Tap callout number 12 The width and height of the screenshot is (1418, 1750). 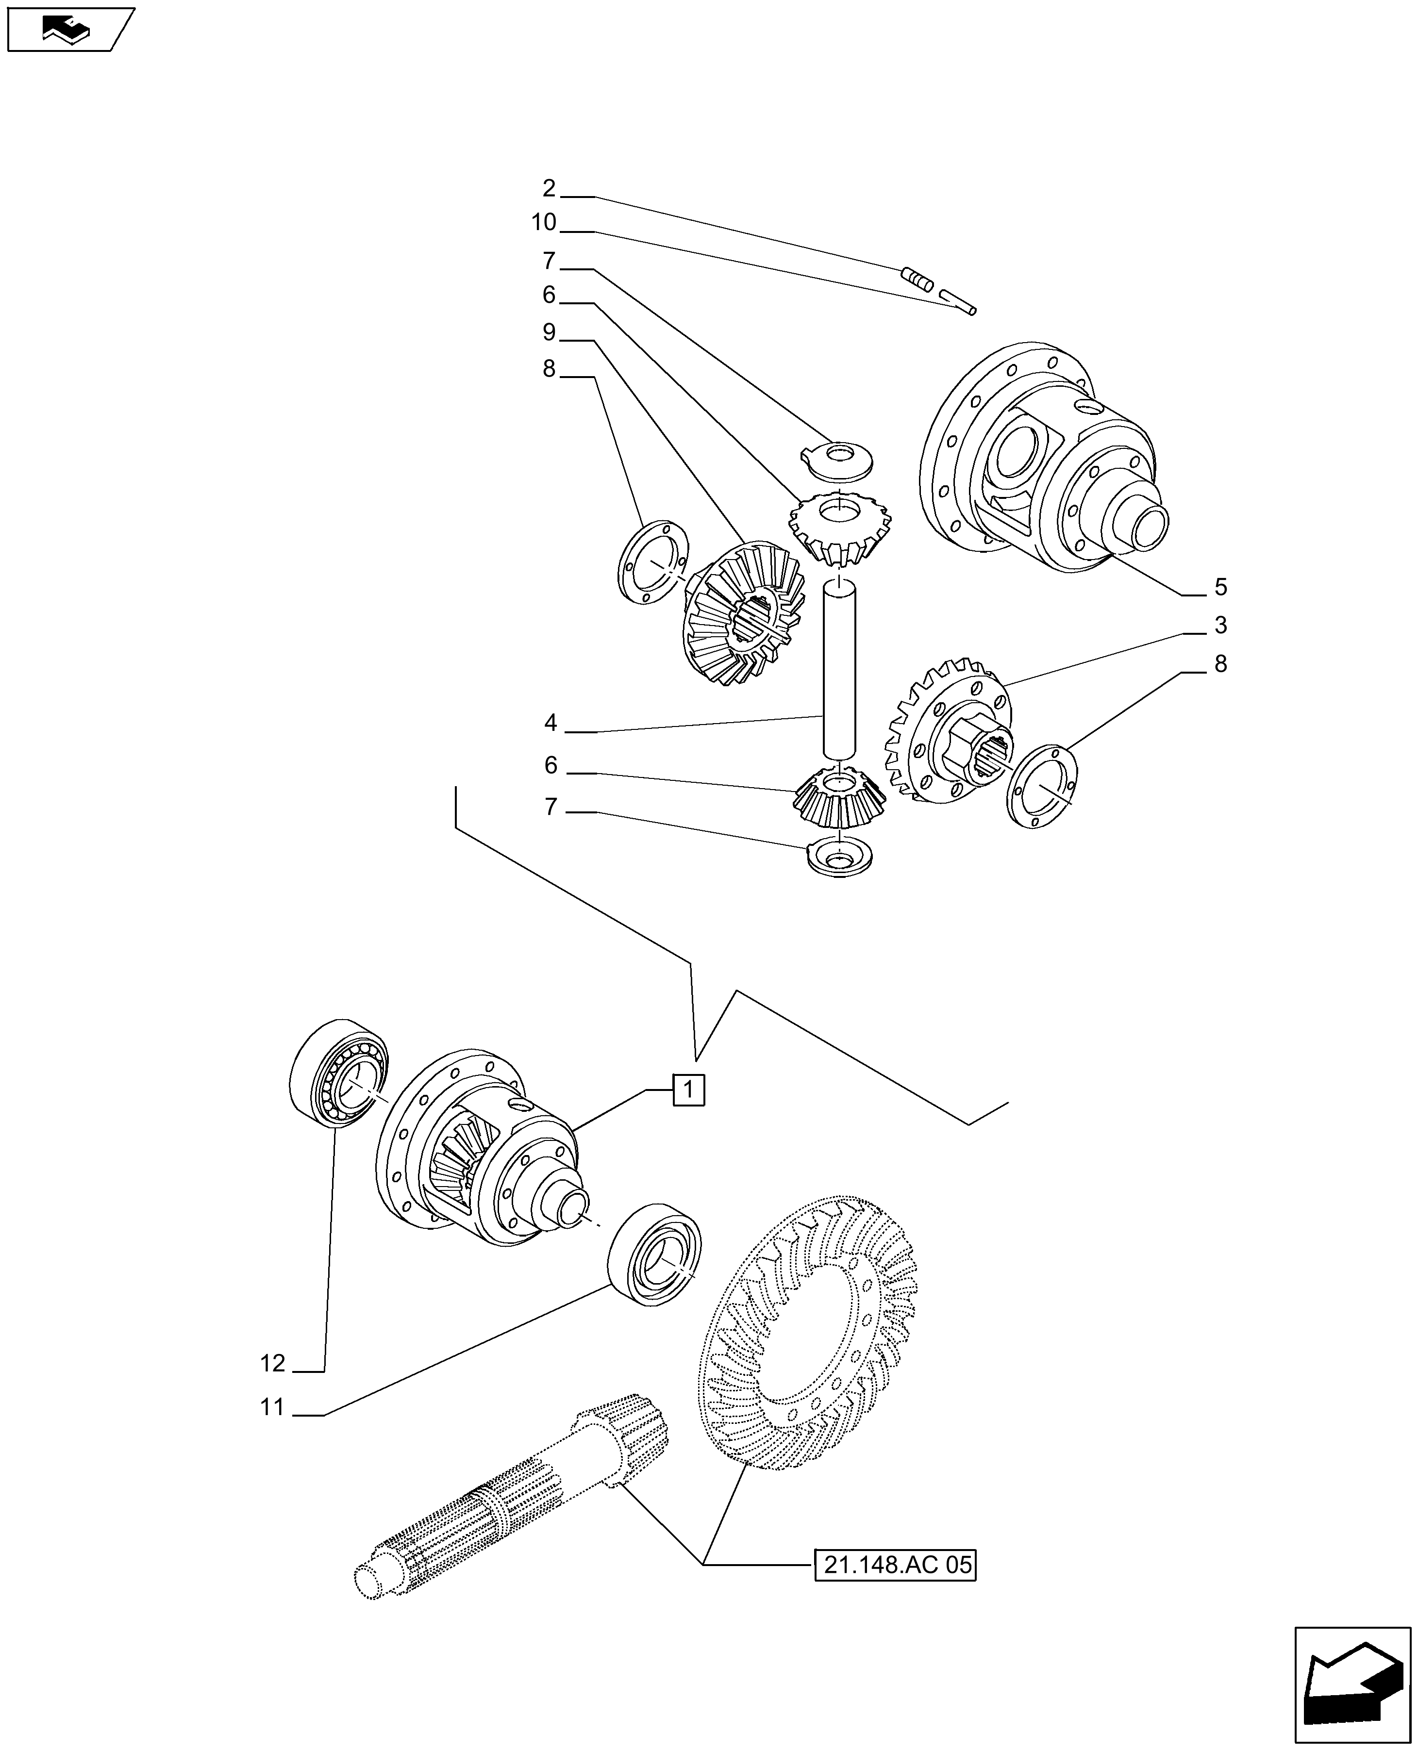point(273,1363)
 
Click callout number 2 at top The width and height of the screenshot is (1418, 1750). point(549,189)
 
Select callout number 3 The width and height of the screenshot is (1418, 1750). point(1220,626)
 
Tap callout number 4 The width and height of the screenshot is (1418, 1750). point(551,723)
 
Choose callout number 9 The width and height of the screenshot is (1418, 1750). point(549,332)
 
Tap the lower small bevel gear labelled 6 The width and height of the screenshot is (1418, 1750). point(838,800)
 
